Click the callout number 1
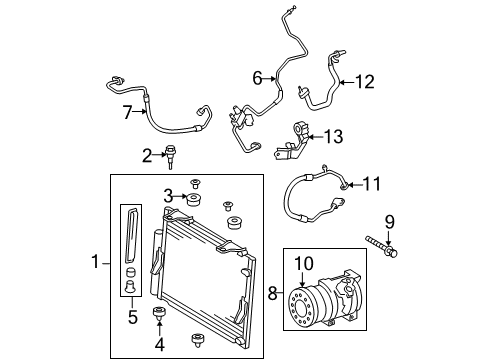pyautogui.click(x=96, y=262)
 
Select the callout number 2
pyautogui.click(x=146, y=154)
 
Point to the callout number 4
pyautogui.click(x=157, y=348)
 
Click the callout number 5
pyautogui.click(x=132, y=319)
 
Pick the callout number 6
pyautogui.click(x=258, y=78)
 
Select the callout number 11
pyautogui.click(x=373, y=183)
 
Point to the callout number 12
pyautogui.click(x=369, y=82)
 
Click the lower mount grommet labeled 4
pyautogui.click(x=158, y=319)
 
